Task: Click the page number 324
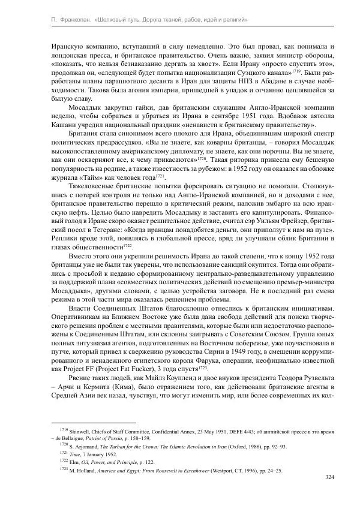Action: coord(329,477)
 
